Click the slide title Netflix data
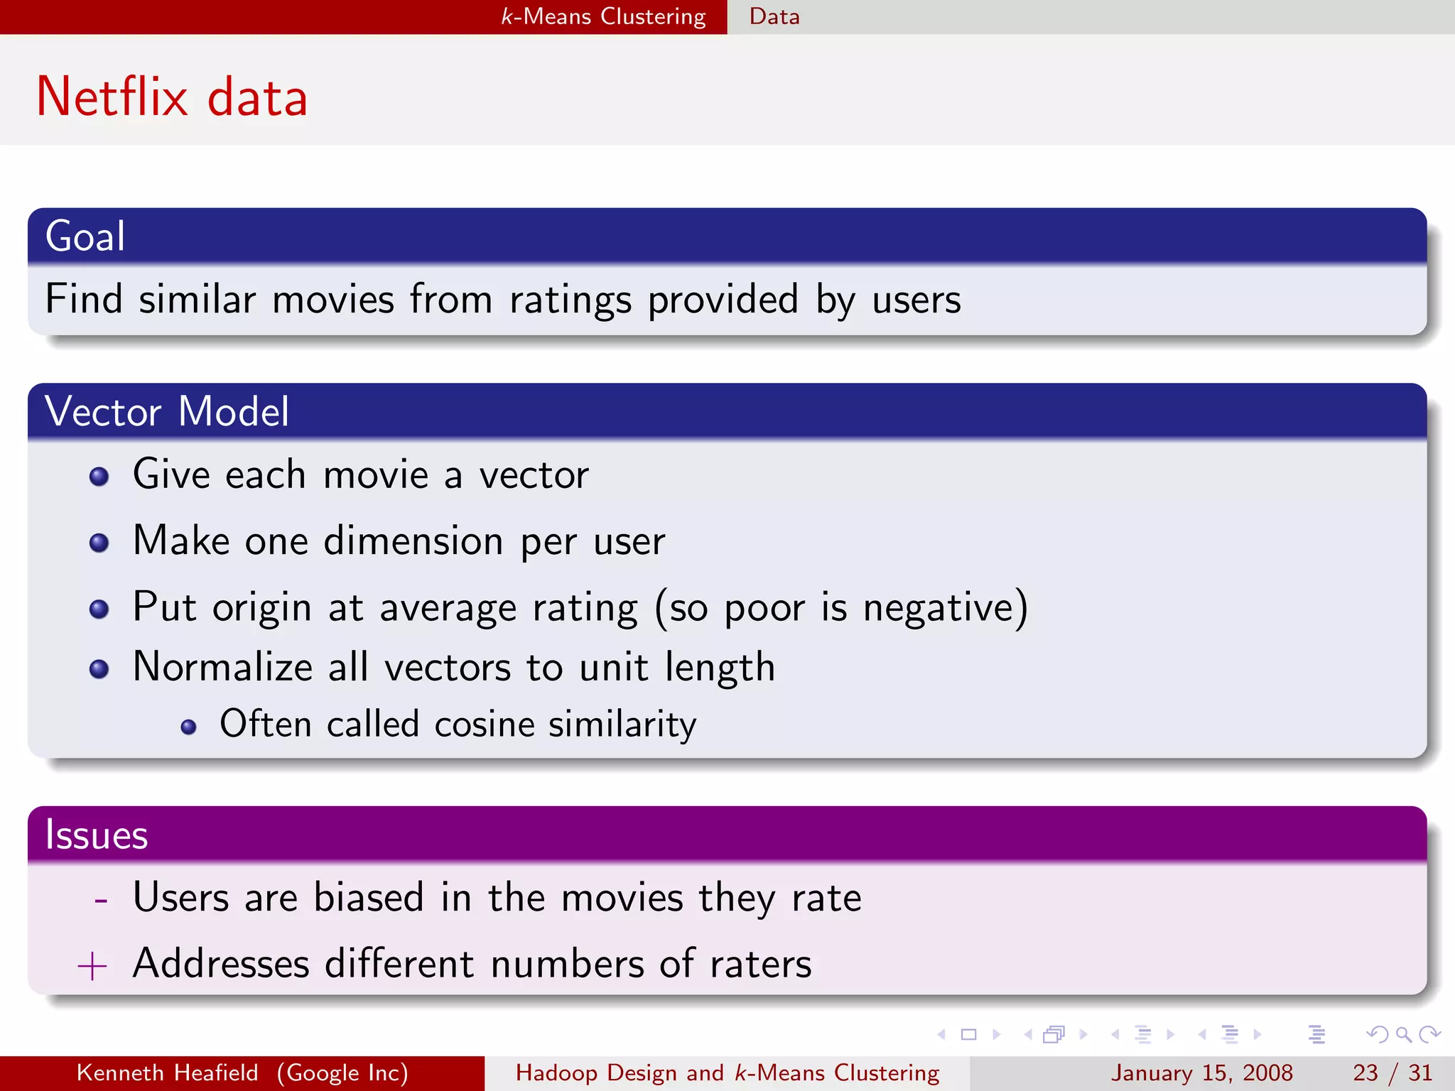pyautogui.click(x=172, y=97)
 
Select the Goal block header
pyautogui.click(x=85, y=236)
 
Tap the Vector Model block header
pyautogui.click(x=167, y=411)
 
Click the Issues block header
pyautogui.click(x=97, y=835)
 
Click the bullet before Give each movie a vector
pyautogui.click(x=99, y=476)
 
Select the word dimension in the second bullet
pyautogui.click(x=413, y=541)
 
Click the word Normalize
pyautogui.click(x=222, y=667)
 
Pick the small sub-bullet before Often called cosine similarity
pyautogui.click(x=188, y=727)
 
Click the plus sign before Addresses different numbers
pyautogui.click(x=92, y=967)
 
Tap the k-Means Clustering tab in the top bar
pyautogui.click(x=603, y=16)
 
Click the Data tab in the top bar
pyautogui.click(x=774, y=16)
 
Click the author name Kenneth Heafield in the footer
pyautogui.click(x=167, y=1073)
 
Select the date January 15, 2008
pyautogui.click(x=1201, y=1073)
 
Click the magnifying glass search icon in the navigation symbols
pyautogui.click(x=1403, y=1034)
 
